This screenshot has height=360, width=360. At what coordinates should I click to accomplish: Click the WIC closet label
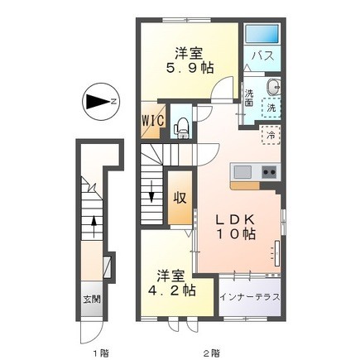click(x=153, y=120)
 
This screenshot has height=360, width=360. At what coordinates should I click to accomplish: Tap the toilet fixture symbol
click(x=180, y=127)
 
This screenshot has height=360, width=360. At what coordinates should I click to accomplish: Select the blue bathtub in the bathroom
click(x=262, y=34)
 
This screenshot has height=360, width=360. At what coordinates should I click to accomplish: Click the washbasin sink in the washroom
click(x=273, y=88)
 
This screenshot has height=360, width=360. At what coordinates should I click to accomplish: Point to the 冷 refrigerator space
click(x=271, y=135)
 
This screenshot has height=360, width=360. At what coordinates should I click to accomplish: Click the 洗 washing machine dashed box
click(x=271, y=108)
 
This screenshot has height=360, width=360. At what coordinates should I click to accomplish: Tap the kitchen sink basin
click(x=242, y=172)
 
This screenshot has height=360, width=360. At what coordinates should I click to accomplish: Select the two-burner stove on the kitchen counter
click(x=269, y=172)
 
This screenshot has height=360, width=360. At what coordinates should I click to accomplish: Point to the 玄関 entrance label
click(x=92, y=300)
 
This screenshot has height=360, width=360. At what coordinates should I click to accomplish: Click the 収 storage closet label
click(x=180, y=198)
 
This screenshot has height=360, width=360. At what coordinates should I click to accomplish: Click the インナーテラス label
click(x=250, y=297)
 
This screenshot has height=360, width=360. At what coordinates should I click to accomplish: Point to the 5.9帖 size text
click(x=190, y=68)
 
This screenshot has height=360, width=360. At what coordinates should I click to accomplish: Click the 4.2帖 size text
click(x=171, y=290)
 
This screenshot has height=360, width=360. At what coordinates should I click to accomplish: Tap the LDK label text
click(x=235, y=220)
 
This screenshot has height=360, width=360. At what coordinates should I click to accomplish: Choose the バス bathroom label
click(x=262, y=56)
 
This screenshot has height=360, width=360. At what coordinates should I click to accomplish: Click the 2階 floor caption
click(x=212, y=353)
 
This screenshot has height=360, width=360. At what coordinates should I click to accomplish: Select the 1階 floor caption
click(x=101, y=353)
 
